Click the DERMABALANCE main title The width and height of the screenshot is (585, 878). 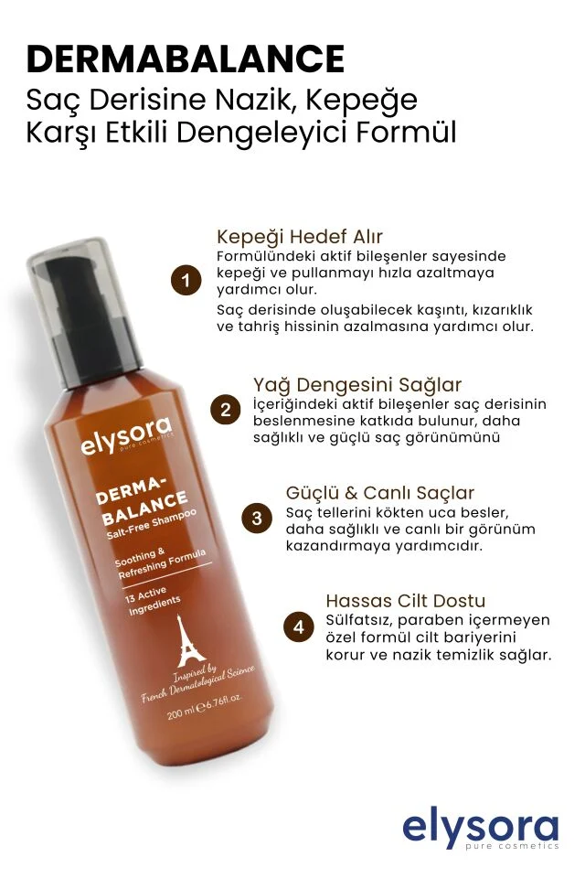point(186,59)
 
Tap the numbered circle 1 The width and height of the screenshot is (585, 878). point(186,280)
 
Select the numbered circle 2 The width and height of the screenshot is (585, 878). point(225,411)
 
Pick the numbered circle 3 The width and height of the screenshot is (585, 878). point(256,518)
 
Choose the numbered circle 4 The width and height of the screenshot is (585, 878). point(298,626)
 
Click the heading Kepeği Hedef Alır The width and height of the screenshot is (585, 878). point(300,237)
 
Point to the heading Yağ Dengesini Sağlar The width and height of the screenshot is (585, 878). point(357,385)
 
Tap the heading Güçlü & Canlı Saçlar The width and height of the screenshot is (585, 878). point(380,493)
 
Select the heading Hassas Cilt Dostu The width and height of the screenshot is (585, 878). point(405,601)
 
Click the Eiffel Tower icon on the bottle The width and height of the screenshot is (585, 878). point(190,640)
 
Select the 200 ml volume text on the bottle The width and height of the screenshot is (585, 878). point(205,707)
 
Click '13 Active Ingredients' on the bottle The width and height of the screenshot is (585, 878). point(152,600)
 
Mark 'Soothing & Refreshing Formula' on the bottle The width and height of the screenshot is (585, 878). point(160,562)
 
